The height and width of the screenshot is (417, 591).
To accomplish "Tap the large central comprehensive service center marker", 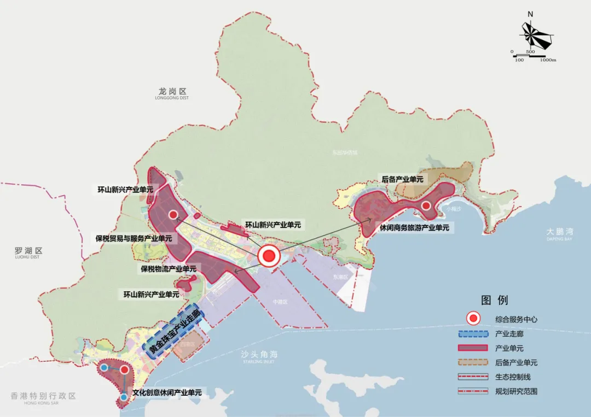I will pyautogui.click(x=269, y=256).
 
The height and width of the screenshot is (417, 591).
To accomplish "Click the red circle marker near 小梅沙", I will pyautogui.click(x=426, y=205).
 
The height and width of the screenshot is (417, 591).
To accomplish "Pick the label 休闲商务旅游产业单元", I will pyautogui.click(x=414, y=227).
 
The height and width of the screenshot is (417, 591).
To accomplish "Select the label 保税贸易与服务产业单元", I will pyautogui.click(x=134, y=238).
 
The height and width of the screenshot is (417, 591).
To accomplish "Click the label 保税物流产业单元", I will pyautogui.click(x=169, y=269).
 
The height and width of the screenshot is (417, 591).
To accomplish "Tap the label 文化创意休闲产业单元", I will pyautogui.click(x=167, y=392).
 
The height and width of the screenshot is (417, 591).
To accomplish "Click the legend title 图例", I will pyautogui.click(x=494, y=300).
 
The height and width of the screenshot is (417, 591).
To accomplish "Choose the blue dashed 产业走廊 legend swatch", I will pyautogui.click(x=472, y=333).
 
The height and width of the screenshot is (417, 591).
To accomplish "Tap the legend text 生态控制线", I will pyautogui.click(x=513, y=377).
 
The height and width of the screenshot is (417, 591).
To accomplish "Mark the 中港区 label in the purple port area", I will pyautogui.click(x=281, y=302).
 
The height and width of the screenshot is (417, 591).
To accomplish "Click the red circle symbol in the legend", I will pyautogui.click(x=472, y=319).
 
